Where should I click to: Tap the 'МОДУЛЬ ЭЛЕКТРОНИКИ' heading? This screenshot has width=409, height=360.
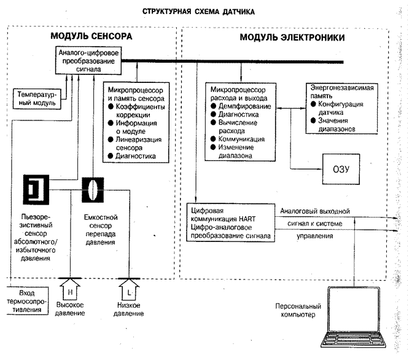tap(292, 38)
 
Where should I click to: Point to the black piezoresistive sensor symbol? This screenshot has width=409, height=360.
tap(36, 189)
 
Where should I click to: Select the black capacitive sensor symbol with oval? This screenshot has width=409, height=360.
tap(93, 189)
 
